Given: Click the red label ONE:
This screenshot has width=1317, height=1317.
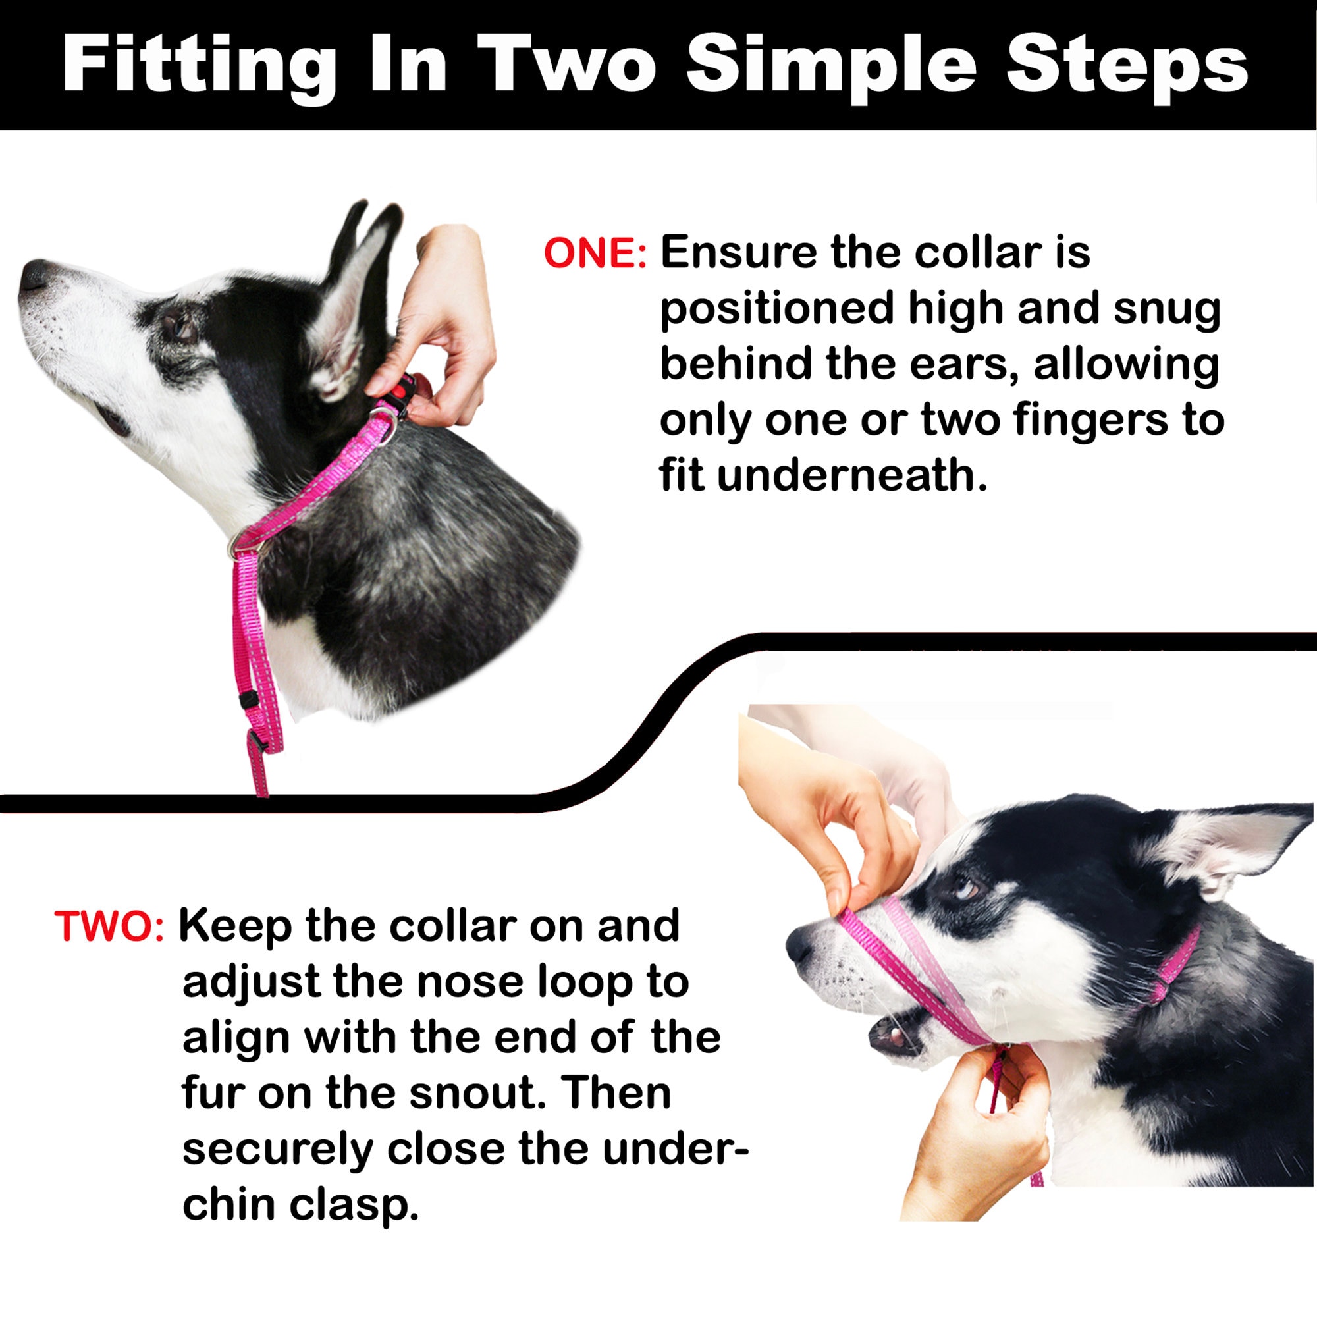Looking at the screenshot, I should (595, 254).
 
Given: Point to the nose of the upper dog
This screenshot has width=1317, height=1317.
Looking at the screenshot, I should (34, 276).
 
